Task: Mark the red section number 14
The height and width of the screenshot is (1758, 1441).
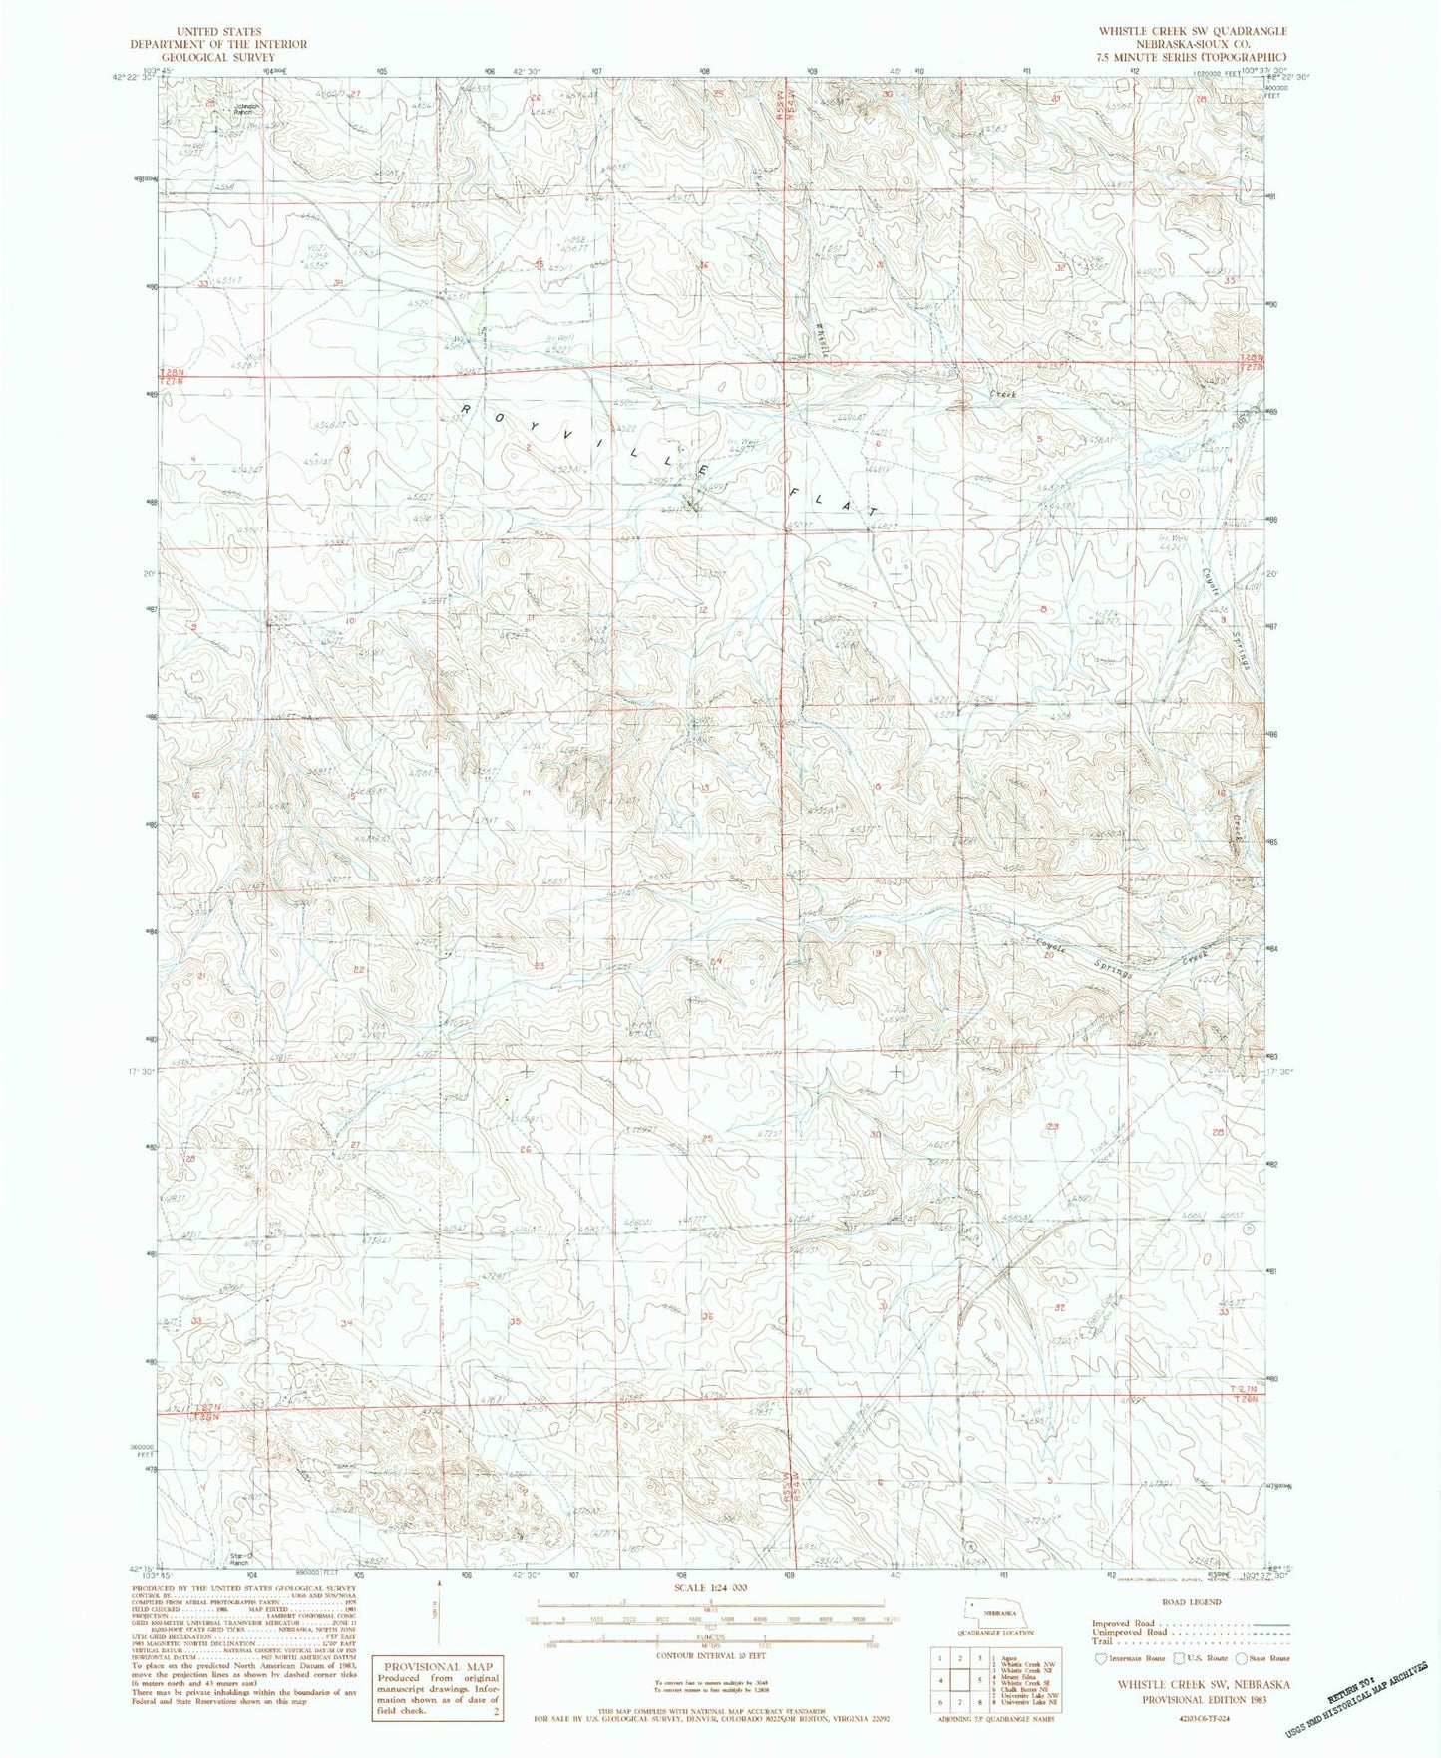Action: [526, 792]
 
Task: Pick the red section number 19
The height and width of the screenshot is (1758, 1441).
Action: [877, 954]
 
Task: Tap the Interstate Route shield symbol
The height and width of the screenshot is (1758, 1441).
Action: [1101, 1659]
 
